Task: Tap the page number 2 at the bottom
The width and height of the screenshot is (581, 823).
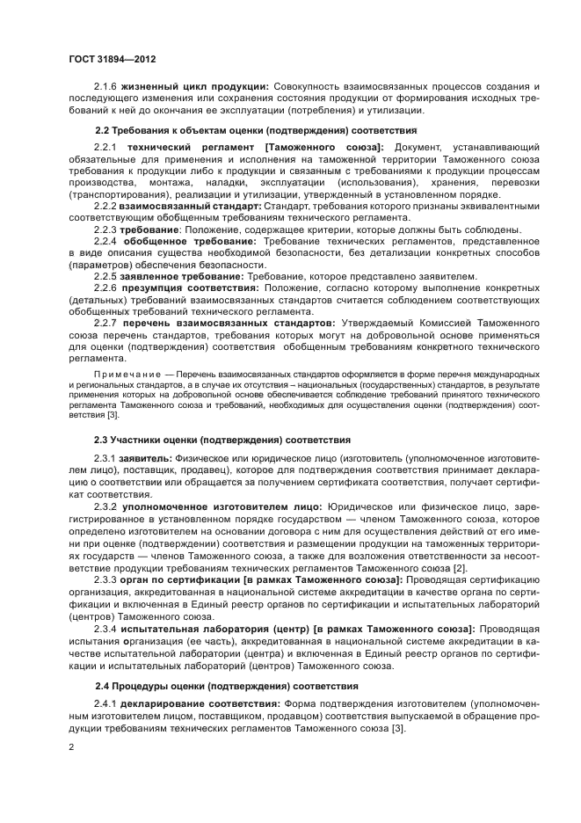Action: click(x=71, y=747)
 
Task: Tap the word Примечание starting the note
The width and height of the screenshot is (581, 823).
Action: click(x=122, y=373)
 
